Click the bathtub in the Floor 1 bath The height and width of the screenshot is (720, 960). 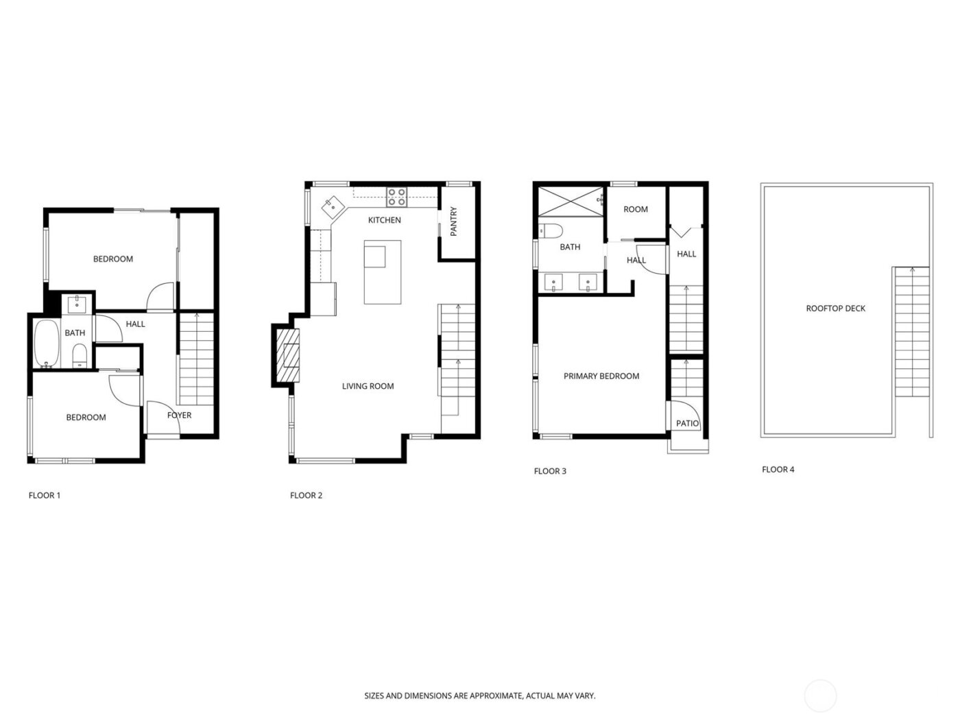click(47, 344)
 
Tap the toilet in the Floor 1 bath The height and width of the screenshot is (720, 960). click(80, 356)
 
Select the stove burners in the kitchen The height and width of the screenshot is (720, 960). click(396, 197)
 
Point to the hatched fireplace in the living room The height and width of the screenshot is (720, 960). click(288, 355)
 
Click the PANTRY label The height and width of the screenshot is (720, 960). click(453, 221)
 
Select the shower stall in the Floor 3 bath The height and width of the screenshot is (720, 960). click(569, 201)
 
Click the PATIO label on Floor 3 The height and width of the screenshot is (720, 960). click(687, 424)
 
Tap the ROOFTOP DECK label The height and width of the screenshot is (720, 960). click(835, 309)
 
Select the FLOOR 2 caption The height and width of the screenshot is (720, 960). click(306, 495)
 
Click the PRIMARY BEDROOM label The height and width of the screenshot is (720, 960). click(601, 376)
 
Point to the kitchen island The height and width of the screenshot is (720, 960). click(383, 272)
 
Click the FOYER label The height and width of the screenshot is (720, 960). click(179, 415)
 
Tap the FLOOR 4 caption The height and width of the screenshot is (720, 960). click(778, 470)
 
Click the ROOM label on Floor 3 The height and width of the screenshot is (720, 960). click(636, 209)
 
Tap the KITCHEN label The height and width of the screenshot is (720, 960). click(384, 220)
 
